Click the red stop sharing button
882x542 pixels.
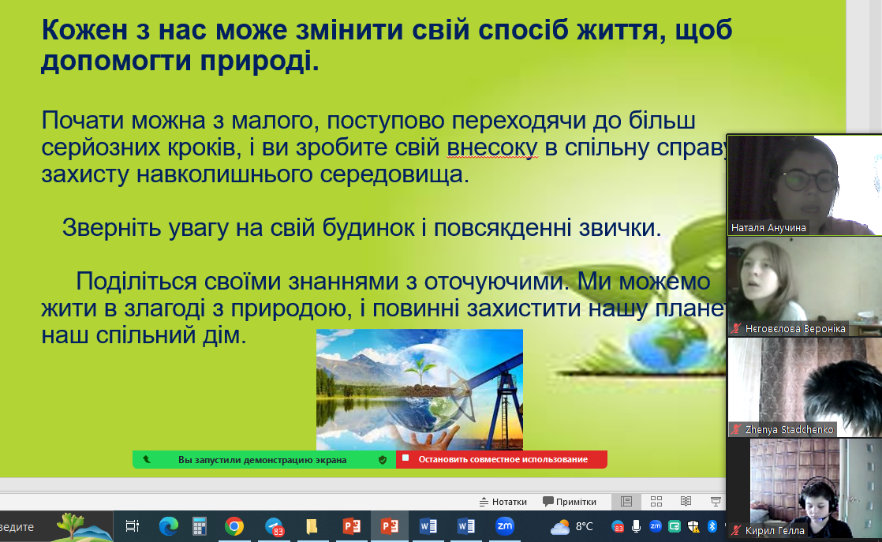tap(502, 459)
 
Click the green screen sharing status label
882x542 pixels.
tap(264, 459)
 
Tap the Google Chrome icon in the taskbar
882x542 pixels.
tap(234, 526)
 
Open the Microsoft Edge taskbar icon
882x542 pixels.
tap(168, 526)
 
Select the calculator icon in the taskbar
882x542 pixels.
tap(200, 526)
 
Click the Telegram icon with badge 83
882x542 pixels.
tap(275, 527)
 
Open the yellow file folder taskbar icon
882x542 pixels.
tap(312, 526)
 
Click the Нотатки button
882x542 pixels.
tap(503, 502)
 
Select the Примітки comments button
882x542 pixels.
tap(570, 502)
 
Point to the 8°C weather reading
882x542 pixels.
tap(585, 526)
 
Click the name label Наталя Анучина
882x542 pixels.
tap(768, 228)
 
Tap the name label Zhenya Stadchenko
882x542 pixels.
tap(789, 429)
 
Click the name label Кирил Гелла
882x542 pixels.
tap(775, 530)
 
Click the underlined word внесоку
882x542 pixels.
tap(492, 148)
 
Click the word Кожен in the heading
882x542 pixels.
tap(85, 30)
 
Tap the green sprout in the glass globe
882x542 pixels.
tap(420, 371)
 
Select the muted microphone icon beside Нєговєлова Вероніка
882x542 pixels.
tap(736, 328)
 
